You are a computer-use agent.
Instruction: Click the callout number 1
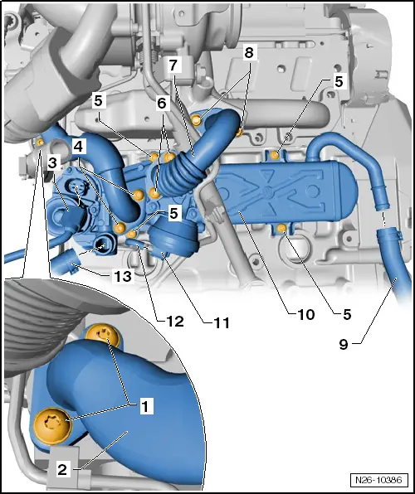(144, 406)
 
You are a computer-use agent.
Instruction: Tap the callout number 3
(51, 162)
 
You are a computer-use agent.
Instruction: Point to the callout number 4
(78, 146)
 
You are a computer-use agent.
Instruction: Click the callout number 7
(173, 64)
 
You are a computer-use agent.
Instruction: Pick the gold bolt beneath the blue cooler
(282, 228)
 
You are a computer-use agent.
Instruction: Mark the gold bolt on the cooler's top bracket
(273, 153)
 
